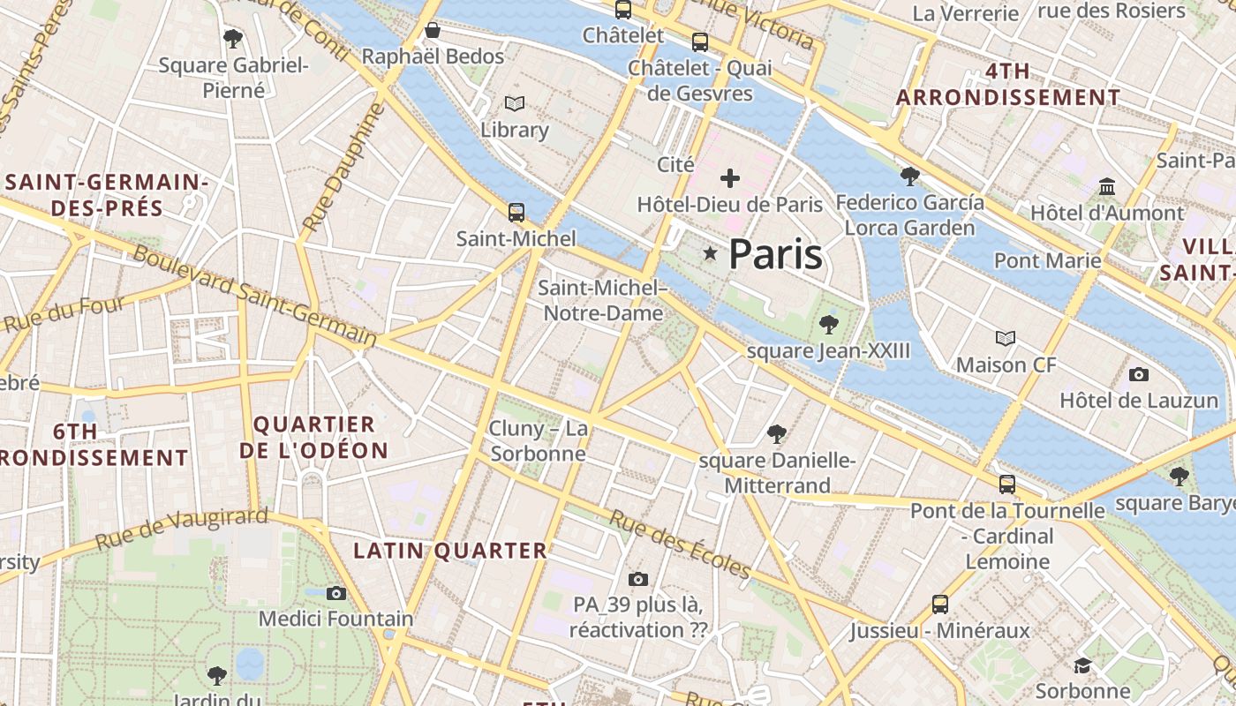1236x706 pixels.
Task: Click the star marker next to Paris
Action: click(710, 253)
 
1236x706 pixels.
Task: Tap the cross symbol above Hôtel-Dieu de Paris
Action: click(730, 178)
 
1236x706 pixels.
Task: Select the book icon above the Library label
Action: click(515, 104)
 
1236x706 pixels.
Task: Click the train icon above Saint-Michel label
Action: click(516, 213)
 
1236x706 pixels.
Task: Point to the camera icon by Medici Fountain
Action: click(336, 593)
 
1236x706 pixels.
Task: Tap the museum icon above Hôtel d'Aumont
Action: click(1107, 187)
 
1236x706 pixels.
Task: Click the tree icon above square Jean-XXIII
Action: click(828, 325)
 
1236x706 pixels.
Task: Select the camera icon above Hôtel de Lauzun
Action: click(1139, 374)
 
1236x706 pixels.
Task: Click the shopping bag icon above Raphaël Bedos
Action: click(433, 31)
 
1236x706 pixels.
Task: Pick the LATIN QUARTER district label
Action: click(450, 551)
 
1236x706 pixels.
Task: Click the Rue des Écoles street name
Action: click(679, 545)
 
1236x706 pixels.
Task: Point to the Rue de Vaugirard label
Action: click(181, 528)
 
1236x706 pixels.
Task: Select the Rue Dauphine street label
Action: click(343, 167)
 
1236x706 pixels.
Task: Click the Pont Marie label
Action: click(1048, 260)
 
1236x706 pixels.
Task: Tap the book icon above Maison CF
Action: click(1005, 338)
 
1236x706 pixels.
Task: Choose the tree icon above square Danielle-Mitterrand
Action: click(777, 433)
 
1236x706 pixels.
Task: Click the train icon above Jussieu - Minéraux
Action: click(940, 605)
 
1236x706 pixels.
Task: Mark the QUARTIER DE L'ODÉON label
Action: click(313, 437)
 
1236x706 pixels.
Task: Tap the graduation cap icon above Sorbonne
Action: click(1082, 665)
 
